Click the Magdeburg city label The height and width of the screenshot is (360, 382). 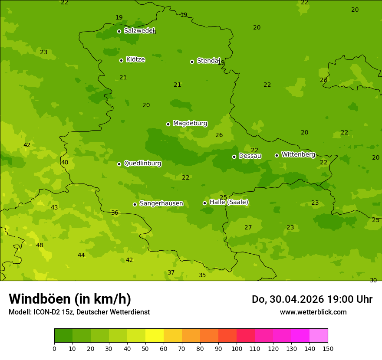coord(190,124)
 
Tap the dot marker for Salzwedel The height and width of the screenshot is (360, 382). coord(119,31)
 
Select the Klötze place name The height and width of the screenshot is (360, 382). coord(135,59)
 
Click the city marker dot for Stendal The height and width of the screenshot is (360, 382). coord(192,62)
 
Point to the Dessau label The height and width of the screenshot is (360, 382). coord(250,156)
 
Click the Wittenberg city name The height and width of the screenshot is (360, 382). coord(298,154)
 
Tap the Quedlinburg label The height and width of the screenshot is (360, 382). coord(142,164)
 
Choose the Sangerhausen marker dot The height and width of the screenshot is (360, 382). coord(135,204)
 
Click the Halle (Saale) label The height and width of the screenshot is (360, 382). coord(229,202)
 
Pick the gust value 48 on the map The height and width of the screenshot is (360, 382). coord(40,245)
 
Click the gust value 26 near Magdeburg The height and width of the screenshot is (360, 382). coord(219,135)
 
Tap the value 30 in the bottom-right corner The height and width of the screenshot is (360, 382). coord(373,281)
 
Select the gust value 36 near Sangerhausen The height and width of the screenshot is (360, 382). coord(115,213)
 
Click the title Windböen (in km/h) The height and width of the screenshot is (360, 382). coord(70,299)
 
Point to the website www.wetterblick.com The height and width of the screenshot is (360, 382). coord(313,312)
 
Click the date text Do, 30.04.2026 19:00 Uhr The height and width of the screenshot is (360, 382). coord(312,299)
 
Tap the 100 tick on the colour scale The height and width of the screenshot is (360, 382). coord(237,348)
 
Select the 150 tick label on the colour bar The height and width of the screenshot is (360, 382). coord(328,348)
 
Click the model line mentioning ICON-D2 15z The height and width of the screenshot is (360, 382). coord(79,312)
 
